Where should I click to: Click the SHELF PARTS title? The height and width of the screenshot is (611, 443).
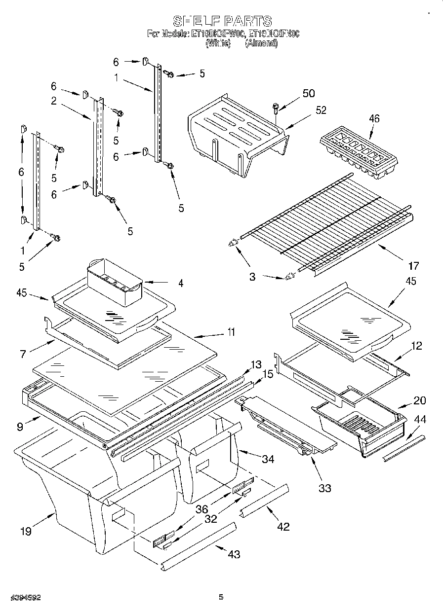[x=222, y=21]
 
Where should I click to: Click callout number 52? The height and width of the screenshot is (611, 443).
[x=321, y=110]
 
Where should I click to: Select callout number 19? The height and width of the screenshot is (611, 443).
[x=26, y=531]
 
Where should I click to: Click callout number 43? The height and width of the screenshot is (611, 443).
[x=234, y=554]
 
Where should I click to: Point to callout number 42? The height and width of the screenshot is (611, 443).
[x=283, y=526]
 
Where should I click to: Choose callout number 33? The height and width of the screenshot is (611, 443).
[x=324, y=488]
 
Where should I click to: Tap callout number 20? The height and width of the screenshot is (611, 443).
[x=419, y=400]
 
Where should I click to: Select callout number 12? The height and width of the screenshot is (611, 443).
[x=416, y=346]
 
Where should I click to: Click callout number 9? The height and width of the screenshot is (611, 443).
[x=19, y=427]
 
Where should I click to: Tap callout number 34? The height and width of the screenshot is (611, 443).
[x=268, y=459]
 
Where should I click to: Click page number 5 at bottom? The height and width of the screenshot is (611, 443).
[x=221, y=597]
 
